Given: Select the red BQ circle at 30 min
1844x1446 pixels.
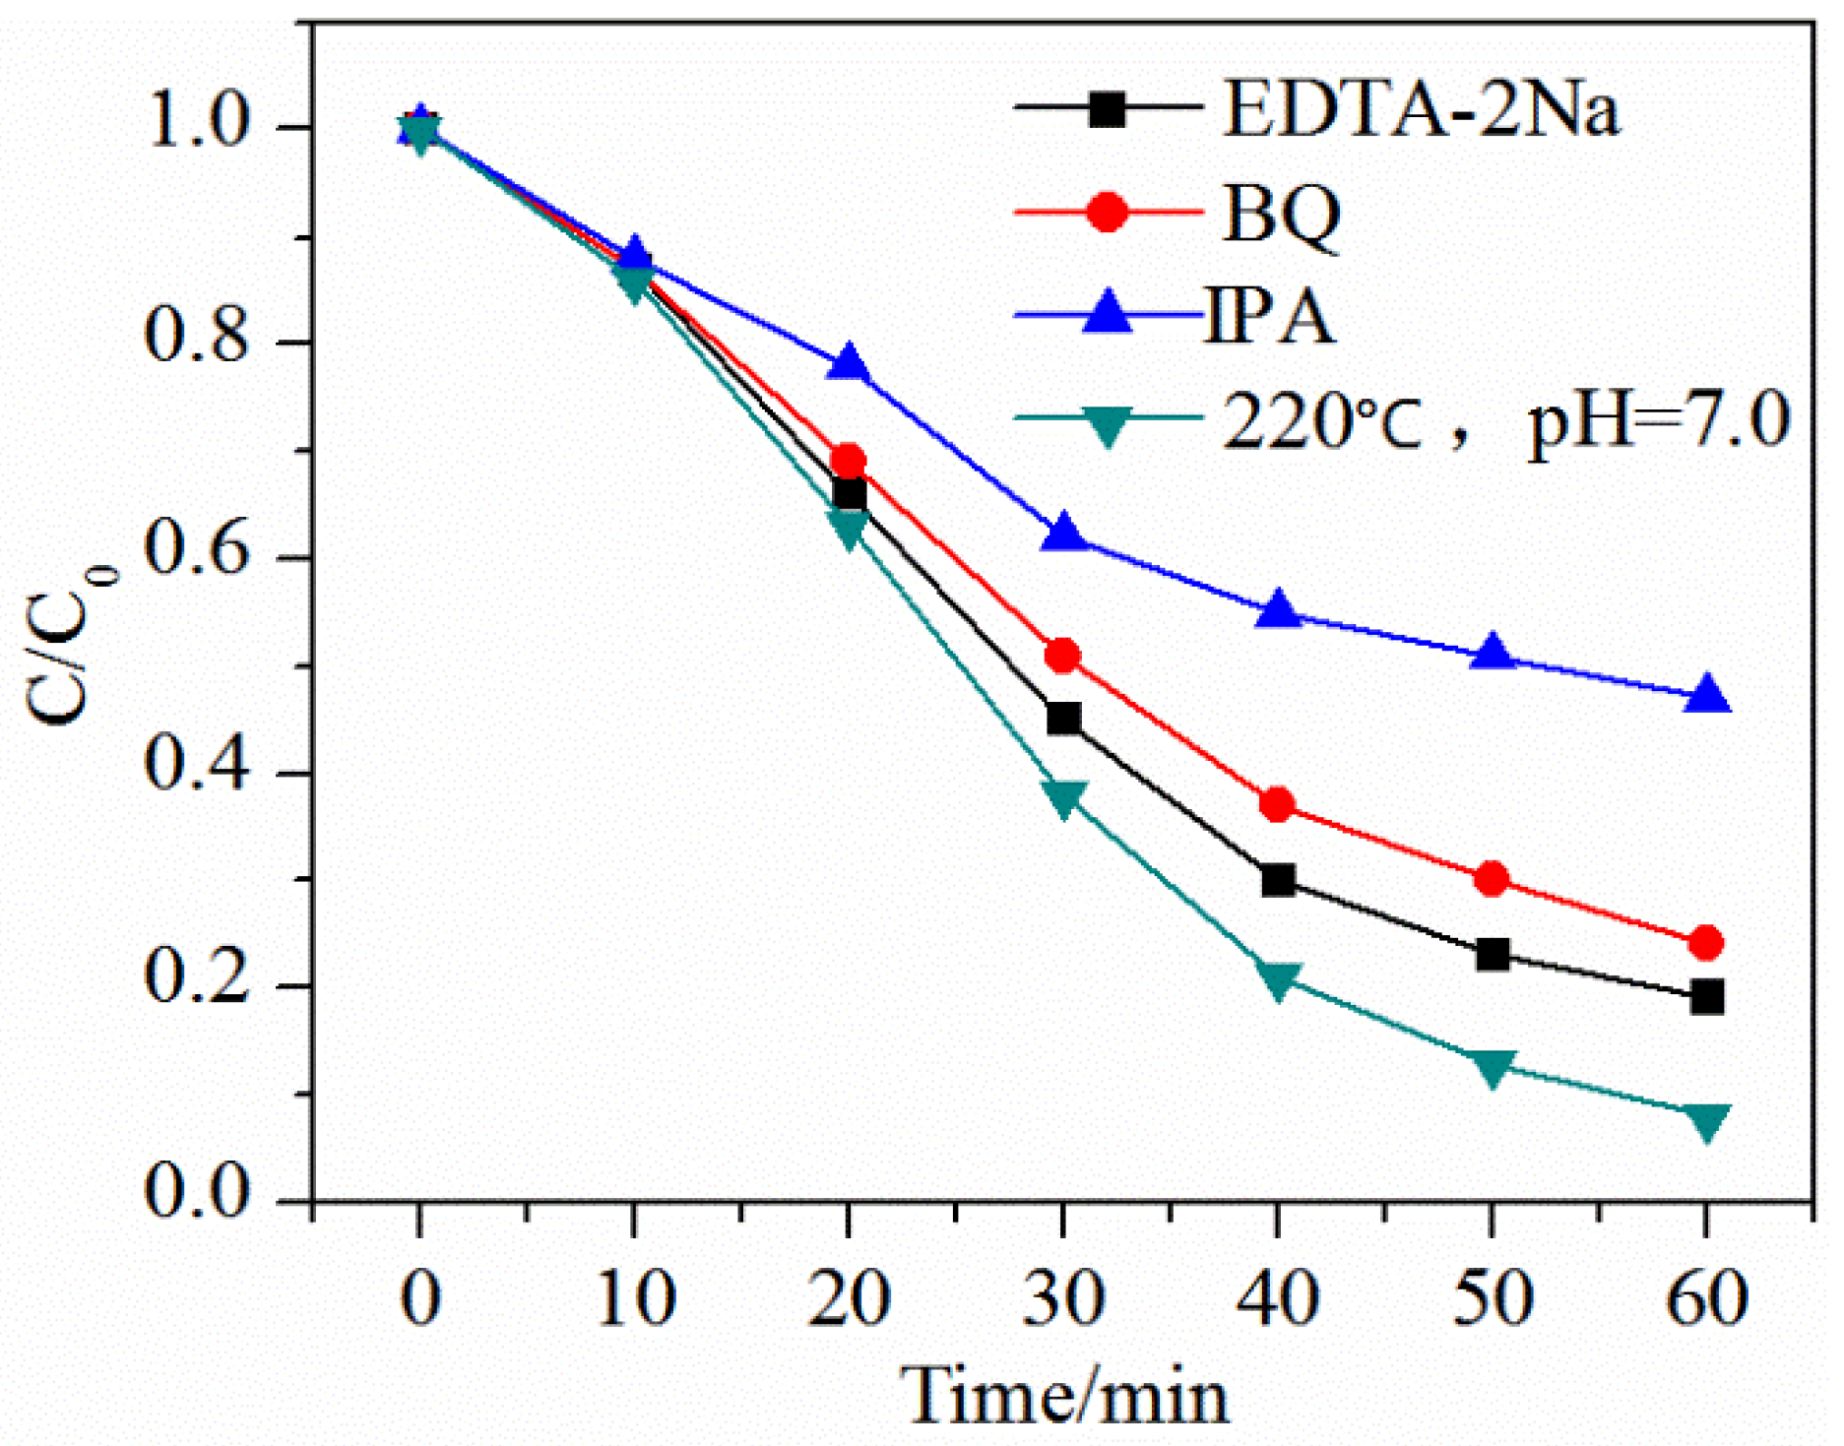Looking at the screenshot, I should tap(1062, 655).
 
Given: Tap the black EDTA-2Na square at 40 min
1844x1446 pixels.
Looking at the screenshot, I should tap(1277, 879).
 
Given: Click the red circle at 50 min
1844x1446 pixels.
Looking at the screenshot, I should tap(1492, 878).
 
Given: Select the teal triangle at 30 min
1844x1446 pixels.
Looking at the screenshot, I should tap(1063, 797).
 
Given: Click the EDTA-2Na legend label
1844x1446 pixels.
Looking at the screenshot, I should tap(1420, 109).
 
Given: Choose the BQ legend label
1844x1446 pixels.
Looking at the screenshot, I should tap(1281, 214).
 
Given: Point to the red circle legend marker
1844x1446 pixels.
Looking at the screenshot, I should tap(1108, 212).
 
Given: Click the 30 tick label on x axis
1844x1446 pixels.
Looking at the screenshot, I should tap(1062, 1298).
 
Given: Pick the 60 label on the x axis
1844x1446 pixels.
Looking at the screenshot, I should tap(1706, 1298).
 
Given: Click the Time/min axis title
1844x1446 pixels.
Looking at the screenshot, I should tap(1065, 1396).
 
